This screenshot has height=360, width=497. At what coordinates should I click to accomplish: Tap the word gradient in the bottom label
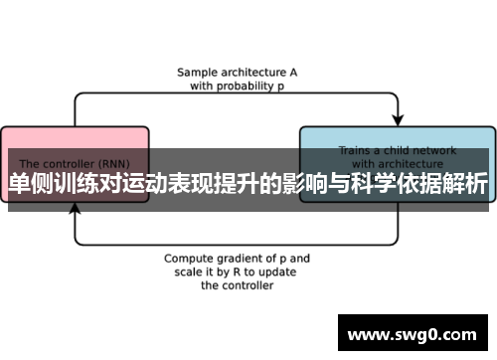coord(243,258)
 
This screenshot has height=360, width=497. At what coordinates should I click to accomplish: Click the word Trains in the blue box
coord(355,151)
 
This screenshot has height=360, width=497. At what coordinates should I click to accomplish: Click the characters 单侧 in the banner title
coord(31,183)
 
